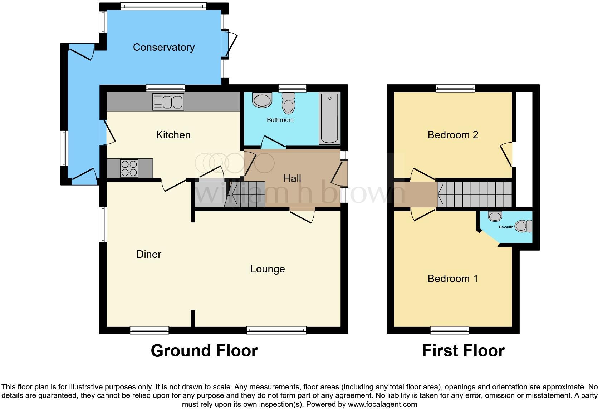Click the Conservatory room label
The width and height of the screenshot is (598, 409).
click(164, 47)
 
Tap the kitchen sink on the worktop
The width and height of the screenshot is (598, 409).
click(168, 102)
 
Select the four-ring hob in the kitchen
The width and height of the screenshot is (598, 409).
click(129, 168)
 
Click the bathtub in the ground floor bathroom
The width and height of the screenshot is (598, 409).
click(329, 118)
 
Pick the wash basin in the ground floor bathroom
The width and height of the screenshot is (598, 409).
click(262, 100)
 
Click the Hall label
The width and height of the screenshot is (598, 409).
click(292, 178)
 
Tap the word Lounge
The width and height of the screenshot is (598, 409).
click(268, 269)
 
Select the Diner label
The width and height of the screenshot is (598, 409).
click(149, 254)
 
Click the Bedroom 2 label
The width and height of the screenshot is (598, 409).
click(453, 135)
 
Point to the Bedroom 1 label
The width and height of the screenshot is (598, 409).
click(452, 279)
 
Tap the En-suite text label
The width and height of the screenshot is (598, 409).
click(506, 227)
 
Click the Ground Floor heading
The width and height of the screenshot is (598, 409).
click(204, 351)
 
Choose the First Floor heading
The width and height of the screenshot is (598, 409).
click(463, 351)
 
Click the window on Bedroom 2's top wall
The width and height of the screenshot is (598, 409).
click(455, 88)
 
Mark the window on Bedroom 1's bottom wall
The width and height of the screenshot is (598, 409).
click(450, 330)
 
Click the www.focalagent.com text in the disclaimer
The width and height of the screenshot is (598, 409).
click(382, 404)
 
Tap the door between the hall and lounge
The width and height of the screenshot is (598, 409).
click(302, 215)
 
